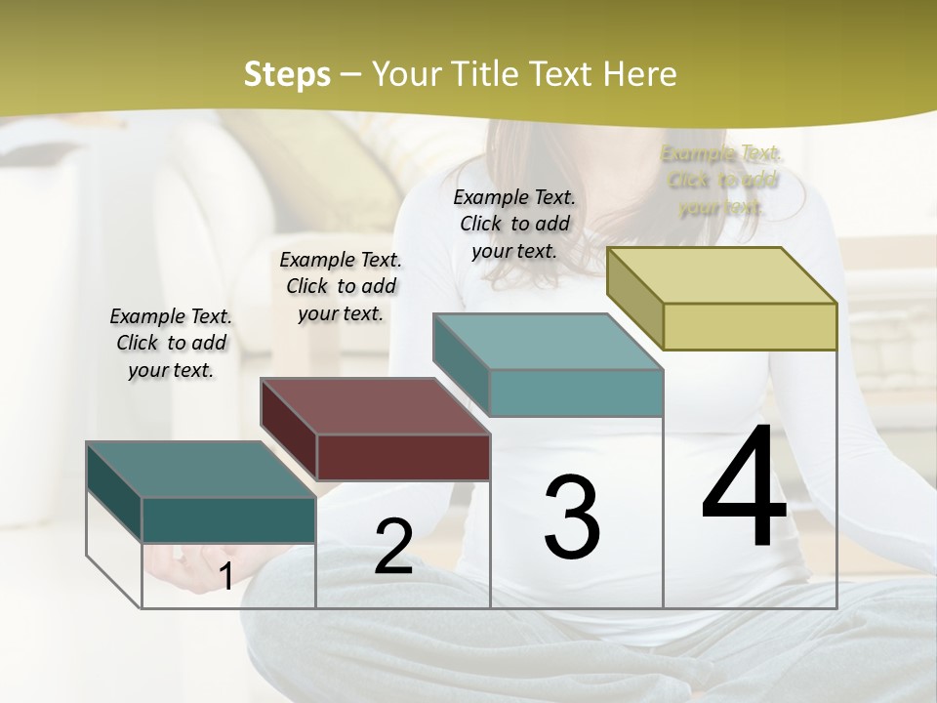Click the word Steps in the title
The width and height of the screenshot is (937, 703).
pos(286,74)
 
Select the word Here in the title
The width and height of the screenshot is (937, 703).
pos(639,74)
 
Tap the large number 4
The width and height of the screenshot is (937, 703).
pos(744,488)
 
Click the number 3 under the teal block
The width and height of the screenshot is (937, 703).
pos(572,517)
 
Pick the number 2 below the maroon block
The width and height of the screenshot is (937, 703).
pos(393,547)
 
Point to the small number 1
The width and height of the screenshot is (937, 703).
pos(225,576)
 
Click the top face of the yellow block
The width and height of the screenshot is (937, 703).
pos(722,275)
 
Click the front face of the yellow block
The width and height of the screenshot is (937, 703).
pos(750,326)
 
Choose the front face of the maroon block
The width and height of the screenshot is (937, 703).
pos(403,457)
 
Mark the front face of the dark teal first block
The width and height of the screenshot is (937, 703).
pos(228,519)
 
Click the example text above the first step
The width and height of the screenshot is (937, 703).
pos(171,343)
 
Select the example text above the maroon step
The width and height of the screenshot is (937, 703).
pos(341,286)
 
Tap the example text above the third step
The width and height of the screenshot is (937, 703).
pos(514,224)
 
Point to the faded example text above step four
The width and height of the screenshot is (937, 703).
pos(721,180)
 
